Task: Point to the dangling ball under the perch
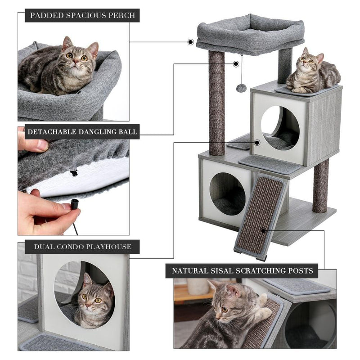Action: coord(242,87)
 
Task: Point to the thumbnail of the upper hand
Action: coord(42,145)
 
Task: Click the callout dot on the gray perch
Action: coord(190,42)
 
